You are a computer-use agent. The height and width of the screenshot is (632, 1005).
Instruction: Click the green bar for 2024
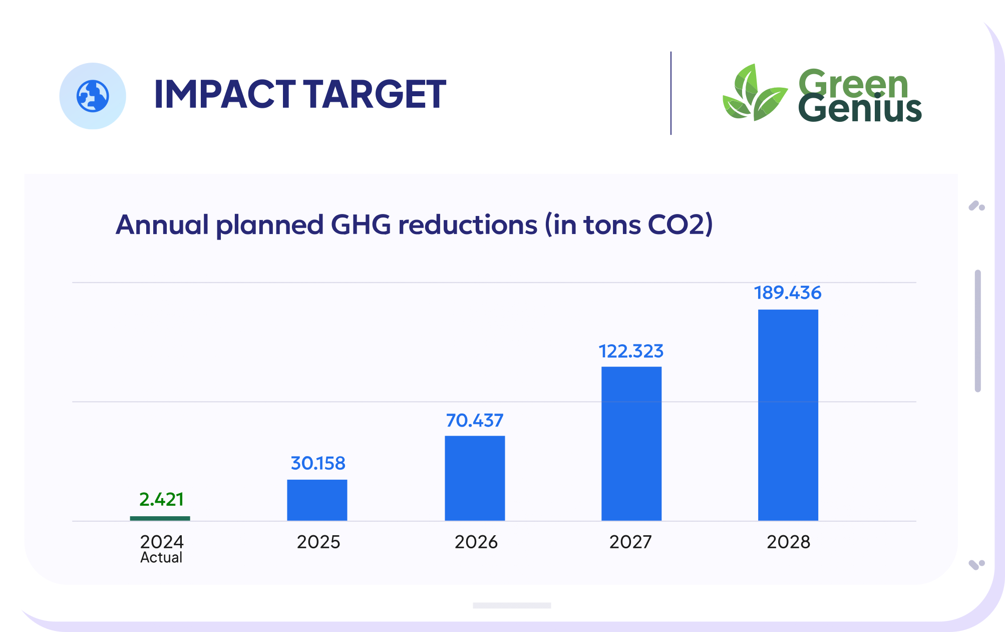coord(160,518)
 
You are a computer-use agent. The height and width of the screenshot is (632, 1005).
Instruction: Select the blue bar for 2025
coord(317,500)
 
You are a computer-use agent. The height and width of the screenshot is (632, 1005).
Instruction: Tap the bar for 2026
coord(475,478)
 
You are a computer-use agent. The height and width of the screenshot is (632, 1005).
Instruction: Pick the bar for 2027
coord(631,444)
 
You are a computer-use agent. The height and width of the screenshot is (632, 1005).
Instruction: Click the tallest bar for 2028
coord(788,415)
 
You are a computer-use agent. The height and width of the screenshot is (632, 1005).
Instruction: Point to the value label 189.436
coord(788,293)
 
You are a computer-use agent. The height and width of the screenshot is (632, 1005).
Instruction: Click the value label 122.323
coord(631,351)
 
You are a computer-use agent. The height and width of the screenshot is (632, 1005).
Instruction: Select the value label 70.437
coord(474,420)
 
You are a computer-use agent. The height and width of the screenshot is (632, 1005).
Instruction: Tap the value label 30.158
coord(318,463)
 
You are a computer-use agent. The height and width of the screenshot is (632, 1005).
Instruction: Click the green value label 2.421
coord(161,499)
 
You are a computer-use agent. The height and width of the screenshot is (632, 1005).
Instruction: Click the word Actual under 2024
coord(161,558)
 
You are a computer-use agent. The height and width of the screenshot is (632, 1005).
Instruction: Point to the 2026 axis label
coord(476,542)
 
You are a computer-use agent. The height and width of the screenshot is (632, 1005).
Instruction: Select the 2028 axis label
coord(788,542)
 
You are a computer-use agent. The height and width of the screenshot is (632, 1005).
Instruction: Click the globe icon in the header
coord(93,96)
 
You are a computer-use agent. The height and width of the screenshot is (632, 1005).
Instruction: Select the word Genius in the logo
coord(859,109)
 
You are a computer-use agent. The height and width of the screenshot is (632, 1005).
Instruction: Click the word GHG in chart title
coord(361,225)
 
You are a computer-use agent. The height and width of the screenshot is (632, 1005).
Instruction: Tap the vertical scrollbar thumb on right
coord(977,331)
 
